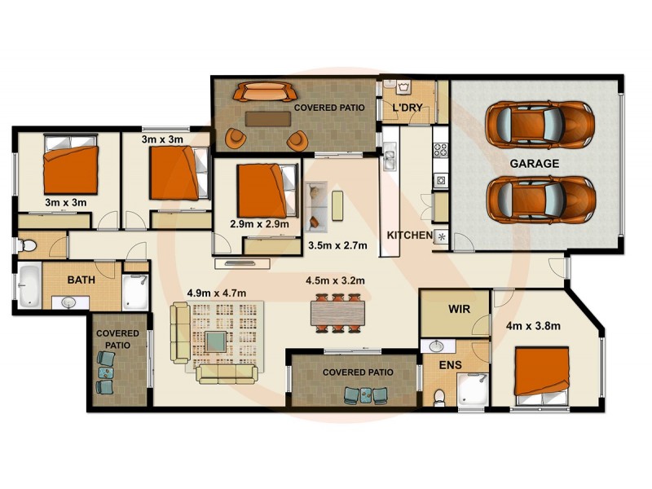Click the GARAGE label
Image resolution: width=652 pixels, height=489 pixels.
[535, 163]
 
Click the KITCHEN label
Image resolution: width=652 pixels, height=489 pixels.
[409, 236]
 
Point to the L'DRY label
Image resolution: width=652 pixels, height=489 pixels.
[407, 108]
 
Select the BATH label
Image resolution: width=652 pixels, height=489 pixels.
[81, 280]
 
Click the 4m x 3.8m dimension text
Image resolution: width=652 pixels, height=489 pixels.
[534, 327]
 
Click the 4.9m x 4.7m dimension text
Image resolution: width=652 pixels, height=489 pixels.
[216, 293]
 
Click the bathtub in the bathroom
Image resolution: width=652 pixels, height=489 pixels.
[29, 286]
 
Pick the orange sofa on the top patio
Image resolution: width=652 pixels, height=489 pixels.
[264, 90]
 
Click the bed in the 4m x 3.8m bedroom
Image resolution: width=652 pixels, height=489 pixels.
[541, 372]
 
